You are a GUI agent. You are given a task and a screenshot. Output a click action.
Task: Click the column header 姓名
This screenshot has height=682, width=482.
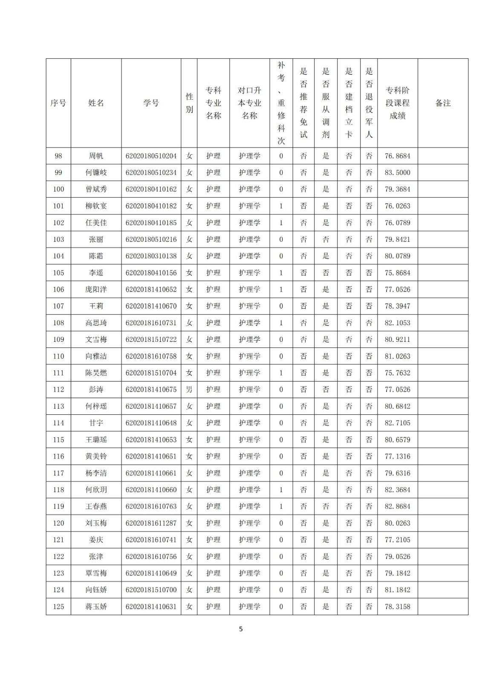click(x=96, y=103)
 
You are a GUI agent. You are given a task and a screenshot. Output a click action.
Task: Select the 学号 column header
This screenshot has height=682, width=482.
click(x=151, y=103)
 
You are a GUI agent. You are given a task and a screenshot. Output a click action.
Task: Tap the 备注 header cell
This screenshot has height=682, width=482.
click(x=443, y=103)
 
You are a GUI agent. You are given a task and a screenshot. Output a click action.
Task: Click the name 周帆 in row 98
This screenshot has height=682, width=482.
click(x=96, y=156)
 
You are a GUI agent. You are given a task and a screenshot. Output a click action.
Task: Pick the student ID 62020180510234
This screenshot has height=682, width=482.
click(x=151, y=173)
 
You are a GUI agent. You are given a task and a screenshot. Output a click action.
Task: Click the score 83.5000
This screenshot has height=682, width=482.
click(x=397, y=173)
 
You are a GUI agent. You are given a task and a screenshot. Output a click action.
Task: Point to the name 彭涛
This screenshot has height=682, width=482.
click(x=96, y=390)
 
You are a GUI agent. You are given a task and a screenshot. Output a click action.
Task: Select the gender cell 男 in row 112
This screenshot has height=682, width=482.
click(x=189, y=390)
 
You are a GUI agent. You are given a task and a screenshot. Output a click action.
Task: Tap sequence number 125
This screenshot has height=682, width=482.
click(x=58, y=607)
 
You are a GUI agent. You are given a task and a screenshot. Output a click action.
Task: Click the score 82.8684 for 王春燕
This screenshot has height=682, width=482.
click(x=397, y=506)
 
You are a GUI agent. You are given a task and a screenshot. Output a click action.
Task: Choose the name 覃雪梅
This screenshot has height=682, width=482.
click(x=96, y=573)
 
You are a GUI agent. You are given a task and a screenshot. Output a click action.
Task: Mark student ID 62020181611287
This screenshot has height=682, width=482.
click(x=151, y=523)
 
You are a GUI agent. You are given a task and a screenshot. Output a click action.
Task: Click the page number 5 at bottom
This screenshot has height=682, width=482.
click(x=241, y=629)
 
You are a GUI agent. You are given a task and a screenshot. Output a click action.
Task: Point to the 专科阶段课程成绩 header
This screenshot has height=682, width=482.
click(x=397, y=103)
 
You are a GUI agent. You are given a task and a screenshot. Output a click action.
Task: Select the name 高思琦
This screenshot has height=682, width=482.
click(x=96, y=323)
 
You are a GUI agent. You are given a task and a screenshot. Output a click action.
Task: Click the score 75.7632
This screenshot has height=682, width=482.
click(x=397, y=373)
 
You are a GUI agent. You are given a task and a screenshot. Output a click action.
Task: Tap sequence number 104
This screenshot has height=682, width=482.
click(x=58, y=256)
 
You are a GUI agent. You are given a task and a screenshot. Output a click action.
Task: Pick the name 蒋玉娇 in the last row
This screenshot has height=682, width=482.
click(x=96, y=607)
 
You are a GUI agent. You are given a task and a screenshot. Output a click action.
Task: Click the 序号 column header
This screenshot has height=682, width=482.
click(x=58, y=103)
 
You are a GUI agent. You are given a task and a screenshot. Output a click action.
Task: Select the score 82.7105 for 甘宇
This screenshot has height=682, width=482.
click(x=397, y=423)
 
